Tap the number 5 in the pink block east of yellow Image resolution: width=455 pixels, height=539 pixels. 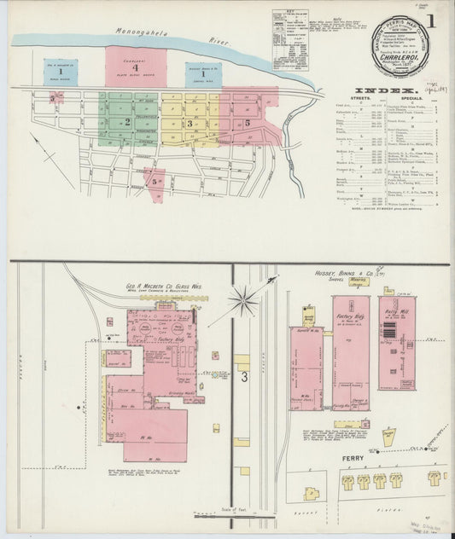pyautogui.click(x=247, y=123)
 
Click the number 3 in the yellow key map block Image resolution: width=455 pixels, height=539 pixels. pyautogui.click(x=190, y=124)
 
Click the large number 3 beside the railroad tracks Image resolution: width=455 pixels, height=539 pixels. pyautogui.click(x=244, y=375)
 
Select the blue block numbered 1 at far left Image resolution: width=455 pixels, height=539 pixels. pyautogui.click(x=61, y=72)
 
